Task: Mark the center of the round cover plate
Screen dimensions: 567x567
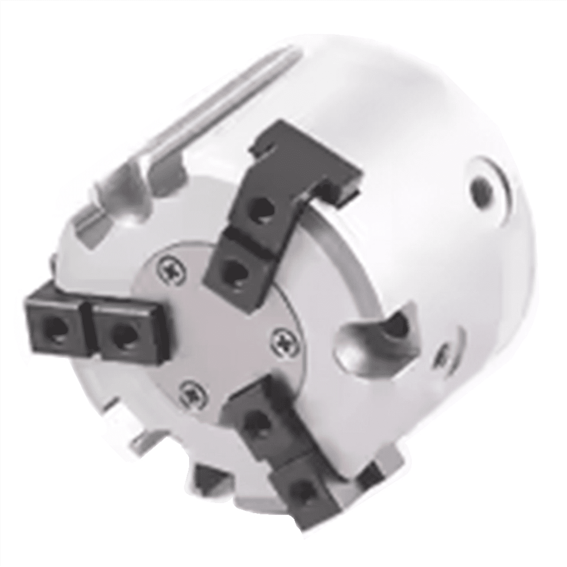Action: click(217, 326)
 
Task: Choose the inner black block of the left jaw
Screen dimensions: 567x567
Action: click(124, 333)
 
